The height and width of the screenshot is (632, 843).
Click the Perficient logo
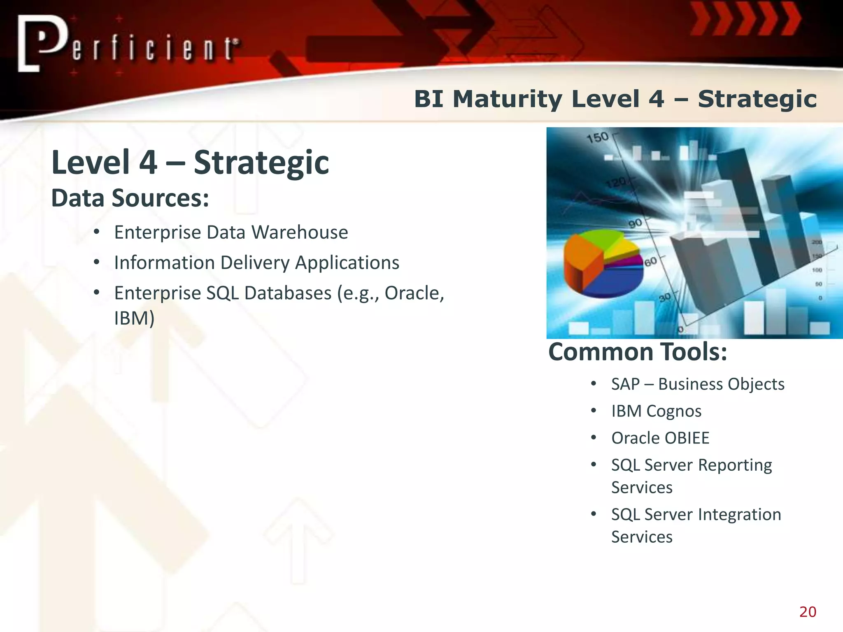[x=128, y=44]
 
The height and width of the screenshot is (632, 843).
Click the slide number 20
[x=808, y=612]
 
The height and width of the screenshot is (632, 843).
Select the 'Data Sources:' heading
[x=130, y=198]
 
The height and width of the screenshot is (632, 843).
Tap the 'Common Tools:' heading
[x=638, y=353]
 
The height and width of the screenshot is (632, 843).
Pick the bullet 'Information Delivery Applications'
[x=256, y=263]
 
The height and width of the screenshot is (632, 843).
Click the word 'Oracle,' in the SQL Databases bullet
[x=414, y=293]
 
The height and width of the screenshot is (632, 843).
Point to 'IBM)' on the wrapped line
[x=134, y=318]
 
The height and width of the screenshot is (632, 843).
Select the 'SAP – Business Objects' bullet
[x=698, y=384]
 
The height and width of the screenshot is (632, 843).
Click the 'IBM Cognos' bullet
[x=656, y=411]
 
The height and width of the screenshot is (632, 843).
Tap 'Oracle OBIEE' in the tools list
[x=660, y=438]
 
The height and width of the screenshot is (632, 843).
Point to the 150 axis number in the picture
[x=597, y=137]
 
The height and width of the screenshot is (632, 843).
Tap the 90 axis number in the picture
[x=635, y=223]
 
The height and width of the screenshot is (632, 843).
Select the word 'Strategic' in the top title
[x=757, y=100]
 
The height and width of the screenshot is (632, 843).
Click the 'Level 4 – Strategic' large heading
[x=190, y=163]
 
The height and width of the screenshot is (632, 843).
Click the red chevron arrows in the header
[x=745, y=20]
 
